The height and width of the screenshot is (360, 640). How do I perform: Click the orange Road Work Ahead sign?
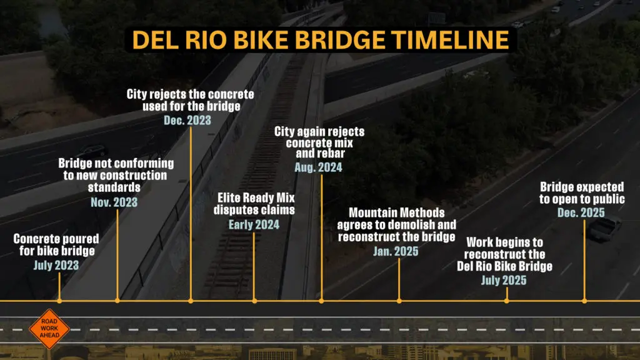pyautogui.click(x=45, y=327)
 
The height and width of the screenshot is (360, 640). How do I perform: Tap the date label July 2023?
pyautogui.click(x=56, y=266)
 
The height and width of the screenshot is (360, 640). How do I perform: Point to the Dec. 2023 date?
pyautogui.click(x=187, y=119)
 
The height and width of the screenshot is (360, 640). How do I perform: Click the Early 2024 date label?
pyautogui.click(x=254, y=225)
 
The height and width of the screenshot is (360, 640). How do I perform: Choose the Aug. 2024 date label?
pyautogui.click(x=319, y=167)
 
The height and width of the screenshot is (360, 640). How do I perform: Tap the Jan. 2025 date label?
pyautogui.click(x=397, y=251)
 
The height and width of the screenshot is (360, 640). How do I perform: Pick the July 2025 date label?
pyautogui.click(x=504, y=281)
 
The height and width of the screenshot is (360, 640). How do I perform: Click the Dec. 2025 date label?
pyautogui.click(x=581, y=212)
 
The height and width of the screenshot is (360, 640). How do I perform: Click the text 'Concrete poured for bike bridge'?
pyautogui.click(x=56, y=245)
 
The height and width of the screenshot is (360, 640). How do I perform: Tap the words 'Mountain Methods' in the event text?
pyautogui.click(x=397, y=212)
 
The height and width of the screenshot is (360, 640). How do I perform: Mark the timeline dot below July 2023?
pyautogui.click(x=59, y=301)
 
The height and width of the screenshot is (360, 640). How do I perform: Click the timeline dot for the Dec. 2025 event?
pyautogui.click(x=584, y=301)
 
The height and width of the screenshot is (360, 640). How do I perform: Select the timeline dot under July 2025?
pyautogui.click(x=506, y=301)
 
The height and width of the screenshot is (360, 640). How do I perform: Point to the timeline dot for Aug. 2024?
pyautogui.click(x=321, y=301)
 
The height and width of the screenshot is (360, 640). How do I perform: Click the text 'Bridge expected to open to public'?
pyautogui.click(x=582, y=192)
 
